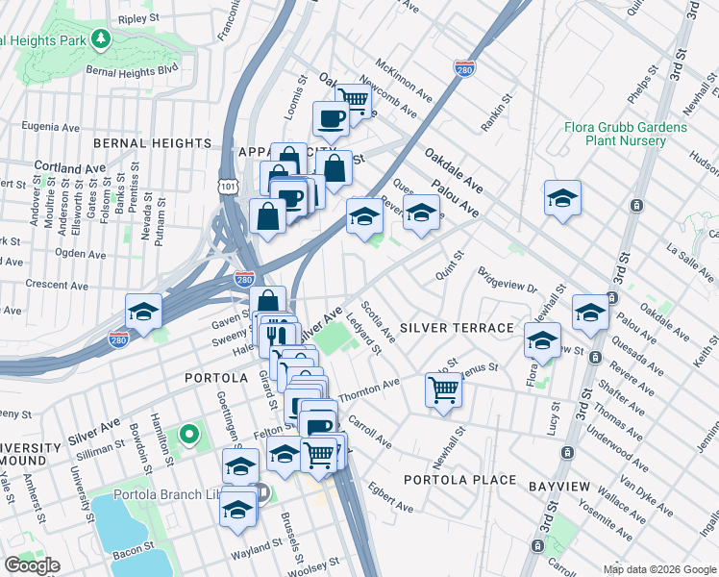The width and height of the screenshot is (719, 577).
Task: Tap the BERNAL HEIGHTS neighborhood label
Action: (x=152, y=142)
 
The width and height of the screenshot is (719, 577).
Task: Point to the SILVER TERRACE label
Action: (x=457, y=328)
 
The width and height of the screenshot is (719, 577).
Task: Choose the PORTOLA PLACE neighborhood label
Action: (x=459, y=480)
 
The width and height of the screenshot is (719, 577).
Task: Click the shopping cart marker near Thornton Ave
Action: (x=443, y=389)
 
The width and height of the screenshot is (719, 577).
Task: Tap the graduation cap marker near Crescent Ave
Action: (x=143, y=312)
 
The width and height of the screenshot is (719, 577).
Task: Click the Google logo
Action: (x=32, y=565)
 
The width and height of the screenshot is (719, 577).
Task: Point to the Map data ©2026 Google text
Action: (x=659, y=569)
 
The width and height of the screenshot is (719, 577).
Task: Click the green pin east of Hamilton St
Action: (x=189, y=436)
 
